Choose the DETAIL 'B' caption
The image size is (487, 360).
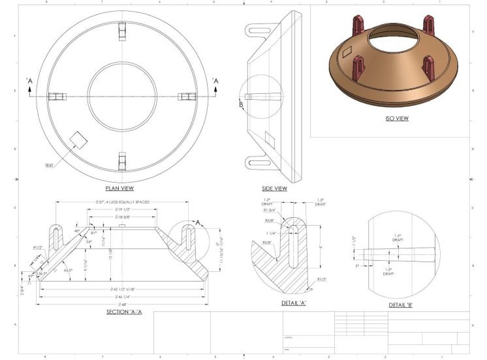tap(401, 305)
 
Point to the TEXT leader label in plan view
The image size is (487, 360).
tap(49, 166)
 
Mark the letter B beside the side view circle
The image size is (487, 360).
tap(241, 104)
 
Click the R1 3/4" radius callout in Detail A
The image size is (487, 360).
tap(268, 211)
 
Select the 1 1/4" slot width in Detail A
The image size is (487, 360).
tap(270, 233)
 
